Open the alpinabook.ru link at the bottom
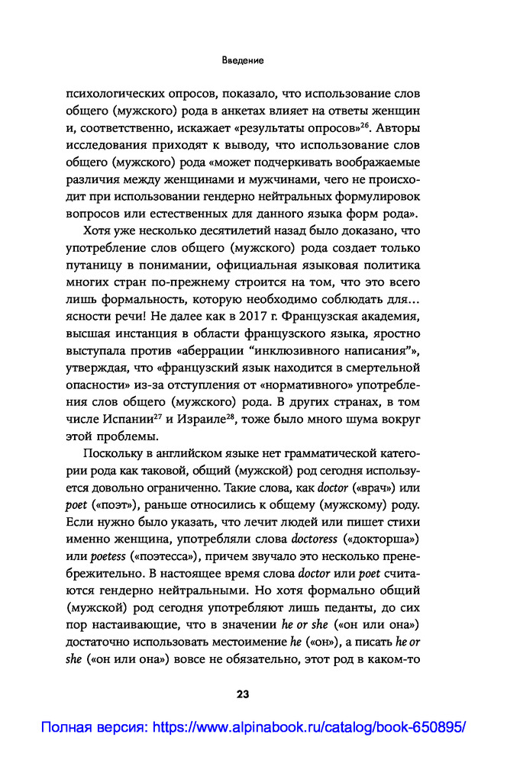pyautogui.click(x=253, y=727)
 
